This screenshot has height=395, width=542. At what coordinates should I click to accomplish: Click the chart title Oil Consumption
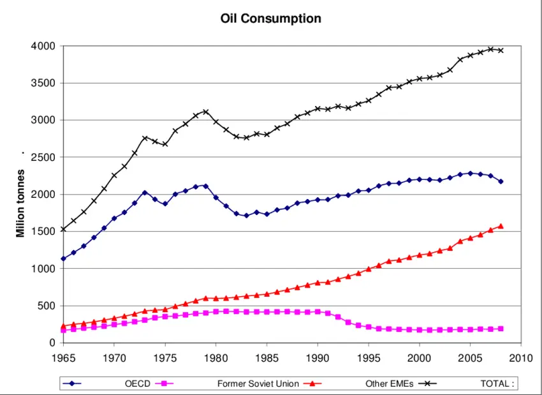(270, 19)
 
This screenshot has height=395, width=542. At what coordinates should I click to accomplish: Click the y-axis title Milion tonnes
(21, 195)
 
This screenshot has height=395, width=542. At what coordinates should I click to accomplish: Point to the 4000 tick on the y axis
(43, 46)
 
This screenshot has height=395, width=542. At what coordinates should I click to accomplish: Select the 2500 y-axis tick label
(43, 157)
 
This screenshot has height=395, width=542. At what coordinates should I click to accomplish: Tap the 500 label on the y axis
(47, 306)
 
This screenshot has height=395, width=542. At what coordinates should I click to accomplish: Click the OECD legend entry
(137, 384)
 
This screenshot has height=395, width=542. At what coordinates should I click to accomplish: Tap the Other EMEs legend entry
(389, 384)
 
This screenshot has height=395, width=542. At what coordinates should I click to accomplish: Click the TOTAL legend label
(497, 384)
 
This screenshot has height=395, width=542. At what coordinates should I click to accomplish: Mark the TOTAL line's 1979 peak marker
(205, 112)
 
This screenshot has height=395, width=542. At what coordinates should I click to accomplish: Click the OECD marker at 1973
(145, 193)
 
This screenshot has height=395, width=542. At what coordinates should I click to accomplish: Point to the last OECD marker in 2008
(501, 181)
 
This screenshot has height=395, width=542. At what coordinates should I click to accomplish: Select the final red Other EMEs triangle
(501, 226)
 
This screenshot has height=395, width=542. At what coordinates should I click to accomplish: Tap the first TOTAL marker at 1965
(63, 229)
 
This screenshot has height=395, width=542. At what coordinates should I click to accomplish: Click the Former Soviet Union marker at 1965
(63, 330)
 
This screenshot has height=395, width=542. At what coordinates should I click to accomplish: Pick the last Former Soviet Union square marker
(501, 329)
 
